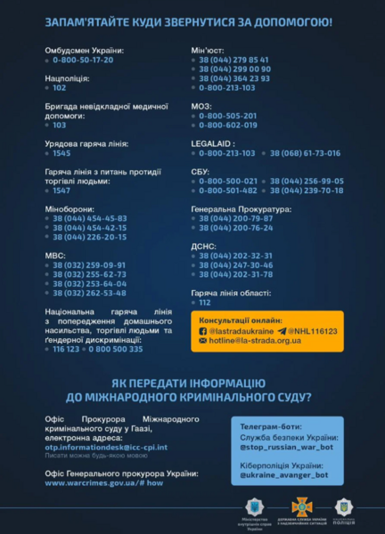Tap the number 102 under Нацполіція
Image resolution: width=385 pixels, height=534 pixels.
coord(60,87)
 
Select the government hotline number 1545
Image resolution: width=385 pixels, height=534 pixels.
coord(61,152)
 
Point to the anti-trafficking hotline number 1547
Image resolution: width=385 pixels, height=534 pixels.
coord(61,190)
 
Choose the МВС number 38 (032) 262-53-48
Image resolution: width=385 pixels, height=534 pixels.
coord(89,292)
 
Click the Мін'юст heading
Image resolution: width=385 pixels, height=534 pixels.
coord(206,50)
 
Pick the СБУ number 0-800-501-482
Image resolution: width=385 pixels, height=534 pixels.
coord(228,190)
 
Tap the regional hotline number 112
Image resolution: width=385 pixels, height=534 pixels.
coord(204,302)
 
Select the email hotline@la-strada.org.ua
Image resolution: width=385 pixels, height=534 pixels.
coord(250,340)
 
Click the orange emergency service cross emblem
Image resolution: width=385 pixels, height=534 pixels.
coord(302,506)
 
